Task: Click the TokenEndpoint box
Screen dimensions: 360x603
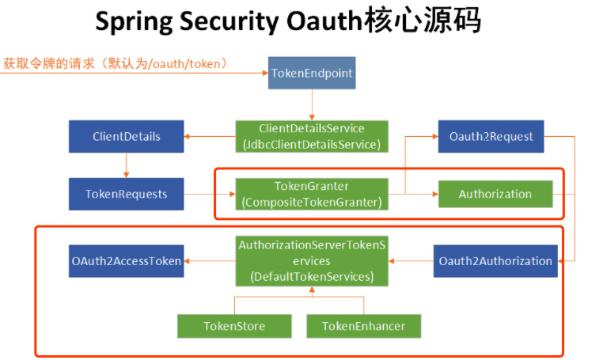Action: point(312,74)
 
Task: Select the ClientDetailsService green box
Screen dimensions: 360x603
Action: point(312,136)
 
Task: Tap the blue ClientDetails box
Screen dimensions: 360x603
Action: point(127,136)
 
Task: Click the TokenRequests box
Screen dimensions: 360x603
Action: point(127,193)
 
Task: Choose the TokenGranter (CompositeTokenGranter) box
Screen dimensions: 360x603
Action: point(312,194)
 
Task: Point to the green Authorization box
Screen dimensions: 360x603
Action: point(495,194)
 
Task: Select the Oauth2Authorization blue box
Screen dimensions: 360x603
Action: point(495,261)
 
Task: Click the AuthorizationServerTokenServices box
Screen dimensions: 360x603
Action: point(312,261)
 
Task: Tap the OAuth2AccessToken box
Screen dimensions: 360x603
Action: point(127,261)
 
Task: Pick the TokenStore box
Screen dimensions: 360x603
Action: point(234,326)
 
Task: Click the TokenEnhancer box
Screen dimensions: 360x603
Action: point(363,326)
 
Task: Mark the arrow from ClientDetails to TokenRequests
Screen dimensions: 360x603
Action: point(127,165)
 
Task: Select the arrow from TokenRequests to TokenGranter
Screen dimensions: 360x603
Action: point(209,194)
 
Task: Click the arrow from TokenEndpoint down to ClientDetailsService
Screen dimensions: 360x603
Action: point(312,105)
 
